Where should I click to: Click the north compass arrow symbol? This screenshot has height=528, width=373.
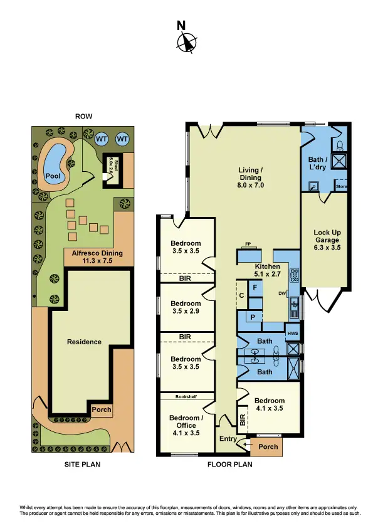(x=186, y=42)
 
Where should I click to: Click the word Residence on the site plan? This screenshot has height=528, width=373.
(x=84, y=342)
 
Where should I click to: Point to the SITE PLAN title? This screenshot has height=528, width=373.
(x=83, y=465)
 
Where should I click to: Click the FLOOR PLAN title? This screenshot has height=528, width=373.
(x=229, y=465)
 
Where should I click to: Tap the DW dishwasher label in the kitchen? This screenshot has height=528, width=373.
(x=283, y=293)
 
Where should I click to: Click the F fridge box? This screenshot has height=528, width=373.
(x=254, y=288)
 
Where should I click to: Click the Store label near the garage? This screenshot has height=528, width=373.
(x=341, y=186)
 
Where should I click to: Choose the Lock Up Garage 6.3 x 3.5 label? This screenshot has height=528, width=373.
(x=326, y=240)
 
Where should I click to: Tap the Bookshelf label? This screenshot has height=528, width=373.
(x=186, y=396)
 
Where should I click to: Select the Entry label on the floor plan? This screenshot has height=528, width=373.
(x=226, y=439)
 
